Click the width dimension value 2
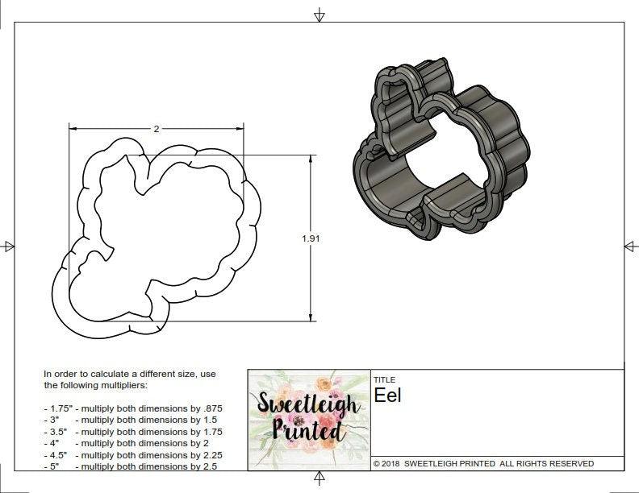point(156,129)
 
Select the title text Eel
point(387,396)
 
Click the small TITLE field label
point(383,379)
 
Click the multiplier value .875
point(211,408)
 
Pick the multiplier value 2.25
point(207,455)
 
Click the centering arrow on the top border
point(319,14)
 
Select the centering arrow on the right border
point(630,246)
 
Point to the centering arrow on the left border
point(8,246)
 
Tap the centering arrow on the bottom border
point(319,479)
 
